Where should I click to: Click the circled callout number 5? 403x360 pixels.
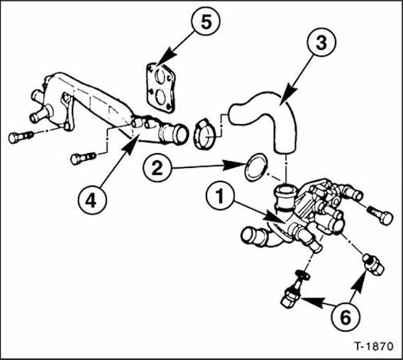[206, 21]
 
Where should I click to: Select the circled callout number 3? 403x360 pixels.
[321, 42]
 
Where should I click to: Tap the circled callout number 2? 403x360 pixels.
[157, 168]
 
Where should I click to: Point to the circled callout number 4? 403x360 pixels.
[92, 200]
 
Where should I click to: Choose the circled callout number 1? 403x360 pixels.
[220, 196]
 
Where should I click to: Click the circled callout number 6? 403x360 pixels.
[346, 316]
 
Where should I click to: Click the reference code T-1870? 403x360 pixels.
[374, 347]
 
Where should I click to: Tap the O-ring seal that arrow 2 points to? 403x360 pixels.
[255, 167]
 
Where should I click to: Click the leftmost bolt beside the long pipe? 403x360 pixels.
[21, 137]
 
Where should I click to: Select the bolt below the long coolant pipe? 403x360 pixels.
[82, 157]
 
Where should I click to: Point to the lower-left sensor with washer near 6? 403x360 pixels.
[294, 289]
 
